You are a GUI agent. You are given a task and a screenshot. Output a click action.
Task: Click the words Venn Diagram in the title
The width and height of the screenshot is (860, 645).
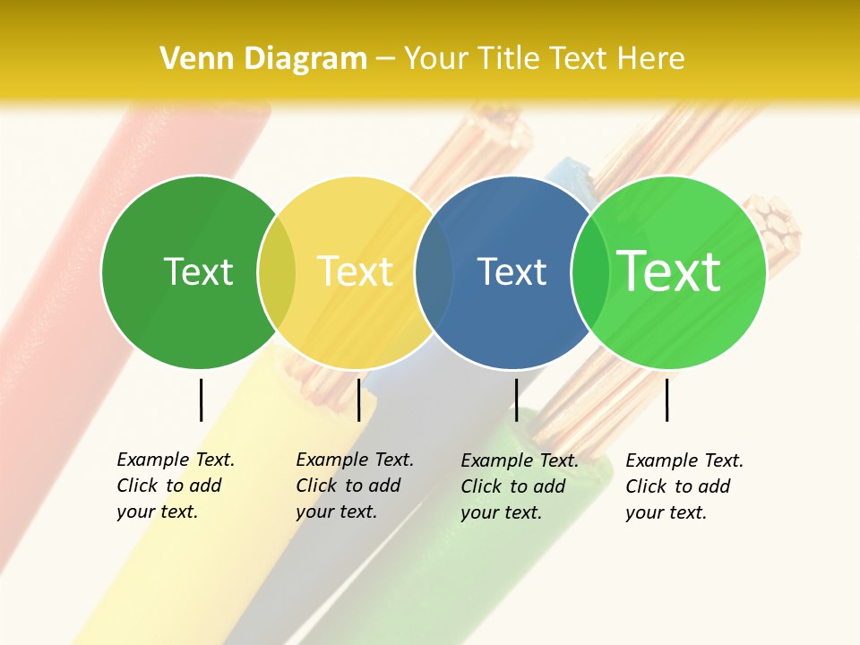coord(263,58)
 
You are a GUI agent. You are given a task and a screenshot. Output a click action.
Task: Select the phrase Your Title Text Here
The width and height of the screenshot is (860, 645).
coord(545,58)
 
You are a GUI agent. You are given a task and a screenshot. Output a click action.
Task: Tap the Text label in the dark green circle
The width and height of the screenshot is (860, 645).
coord(198,271)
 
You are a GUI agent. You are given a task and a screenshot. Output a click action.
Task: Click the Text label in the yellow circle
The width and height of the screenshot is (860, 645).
coord(355,271)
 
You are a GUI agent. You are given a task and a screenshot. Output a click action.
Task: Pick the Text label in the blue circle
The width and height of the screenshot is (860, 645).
coord(512,271)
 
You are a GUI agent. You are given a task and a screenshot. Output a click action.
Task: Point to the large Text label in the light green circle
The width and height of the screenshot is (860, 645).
coord(669,271)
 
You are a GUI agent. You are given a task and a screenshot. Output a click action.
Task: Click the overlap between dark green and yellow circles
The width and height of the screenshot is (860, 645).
coord(277,272)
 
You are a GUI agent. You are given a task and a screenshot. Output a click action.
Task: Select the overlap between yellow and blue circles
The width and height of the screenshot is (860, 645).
coord(434,272)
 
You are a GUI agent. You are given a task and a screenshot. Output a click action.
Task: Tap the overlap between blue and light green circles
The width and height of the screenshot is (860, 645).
coord(590,272)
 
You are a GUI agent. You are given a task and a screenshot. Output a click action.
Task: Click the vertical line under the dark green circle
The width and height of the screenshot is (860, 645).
coord(202,400)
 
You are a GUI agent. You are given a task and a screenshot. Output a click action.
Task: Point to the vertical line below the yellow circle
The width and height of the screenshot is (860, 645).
coord(358,400)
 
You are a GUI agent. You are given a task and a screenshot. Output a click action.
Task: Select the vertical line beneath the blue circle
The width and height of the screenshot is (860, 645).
coord(516,400)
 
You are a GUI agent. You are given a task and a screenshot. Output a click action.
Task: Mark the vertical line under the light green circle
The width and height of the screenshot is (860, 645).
coord(666,400)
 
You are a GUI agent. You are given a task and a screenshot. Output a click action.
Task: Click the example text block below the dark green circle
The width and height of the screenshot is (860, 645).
coord(176,486)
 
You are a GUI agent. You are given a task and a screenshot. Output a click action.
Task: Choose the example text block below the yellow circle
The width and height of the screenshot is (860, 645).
coord(355,486)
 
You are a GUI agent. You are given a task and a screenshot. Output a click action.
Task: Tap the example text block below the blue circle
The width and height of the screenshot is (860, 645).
coord(520,486)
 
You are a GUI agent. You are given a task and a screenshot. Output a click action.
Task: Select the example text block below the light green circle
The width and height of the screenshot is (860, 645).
coord(684,486)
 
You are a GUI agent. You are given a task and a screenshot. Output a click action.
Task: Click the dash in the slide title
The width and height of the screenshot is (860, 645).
coord(385,59)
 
